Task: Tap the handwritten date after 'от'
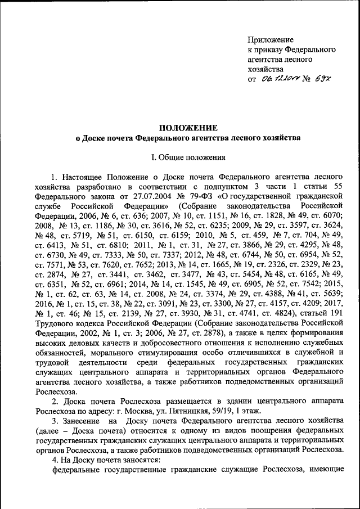tap(280, 79)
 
